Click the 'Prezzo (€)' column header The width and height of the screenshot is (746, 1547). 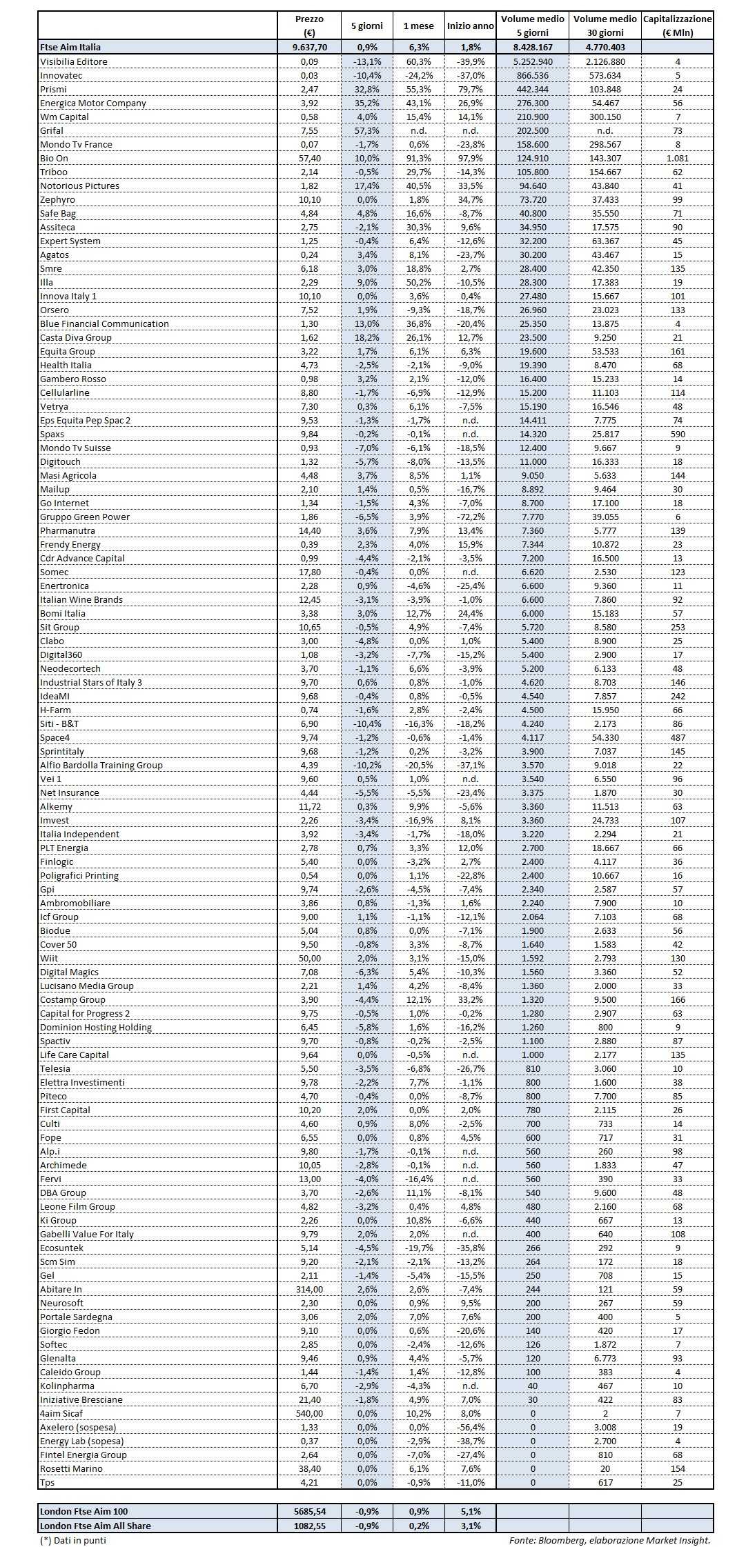point(308,26)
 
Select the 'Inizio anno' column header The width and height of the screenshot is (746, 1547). point(470,26)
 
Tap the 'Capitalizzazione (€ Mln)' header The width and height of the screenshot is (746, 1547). point(677,26)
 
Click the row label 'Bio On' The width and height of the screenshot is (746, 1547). point(54,158)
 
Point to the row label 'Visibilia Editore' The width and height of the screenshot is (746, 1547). point(73,61)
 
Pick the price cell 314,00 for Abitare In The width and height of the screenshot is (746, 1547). point(308,1289)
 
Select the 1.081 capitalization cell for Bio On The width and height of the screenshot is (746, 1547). point(677,158)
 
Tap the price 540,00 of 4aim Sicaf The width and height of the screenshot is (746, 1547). point(308,1413)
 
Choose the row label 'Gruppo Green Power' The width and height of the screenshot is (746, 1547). point(84,517)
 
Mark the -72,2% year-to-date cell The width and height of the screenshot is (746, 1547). point(470,517)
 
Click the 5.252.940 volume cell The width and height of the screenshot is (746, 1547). point(532,61)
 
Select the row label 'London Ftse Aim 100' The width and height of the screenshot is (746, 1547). point(84,1511)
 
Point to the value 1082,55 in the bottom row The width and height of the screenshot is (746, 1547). point(308,1526)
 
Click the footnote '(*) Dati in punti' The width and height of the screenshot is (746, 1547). point(73,1539)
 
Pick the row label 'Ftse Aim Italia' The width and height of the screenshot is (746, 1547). point(70,47)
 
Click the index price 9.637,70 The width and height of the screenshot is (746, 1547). point(308,47)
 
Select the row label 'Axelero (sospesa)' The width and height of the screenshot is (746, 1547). point(77,1427)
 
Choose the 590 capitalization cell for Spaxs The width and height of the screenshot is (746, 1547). point(677,434)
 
